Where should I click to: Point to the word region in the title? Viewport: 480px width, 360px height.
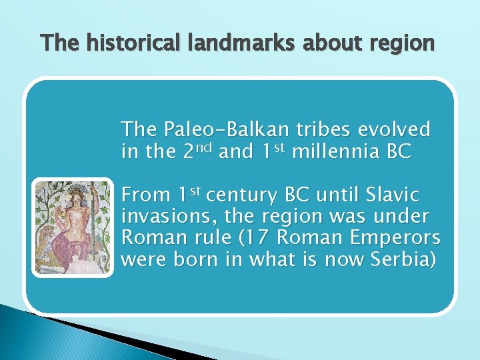399,43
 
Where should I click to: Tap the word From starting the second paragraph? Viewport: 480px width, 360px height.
146,196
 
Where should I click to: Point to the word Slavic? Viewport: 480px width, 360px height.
395,196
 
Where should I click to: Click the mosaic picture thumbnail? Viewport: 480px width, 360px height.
73,228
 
